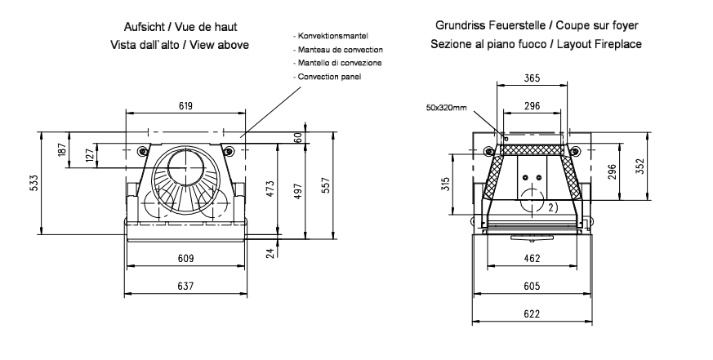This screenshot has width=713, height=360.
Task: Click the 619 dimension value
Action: click(186, 105)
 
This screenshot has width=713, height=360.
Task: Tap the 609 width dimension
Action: click(186, 259)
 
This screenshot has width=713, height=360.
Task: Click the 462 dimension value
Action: click(532, 258)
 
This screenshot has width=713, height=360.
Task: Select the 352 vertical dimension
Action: click(640, 167)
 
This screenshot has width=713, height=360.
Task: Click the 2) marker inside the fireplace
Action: click(553, 207)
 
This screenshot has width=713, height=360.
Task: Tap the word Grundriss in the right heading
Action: click(462, 26)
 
